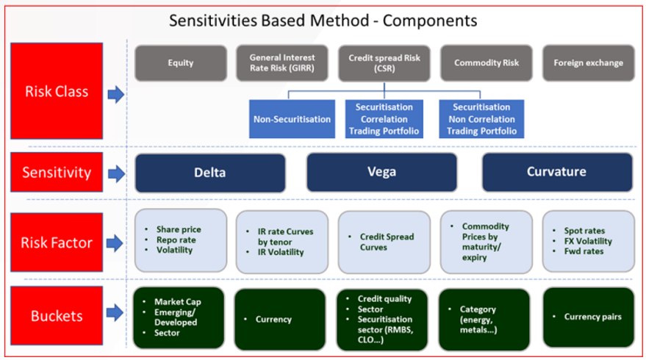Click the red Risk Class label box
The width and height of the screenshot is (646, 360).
(x=56, y=93)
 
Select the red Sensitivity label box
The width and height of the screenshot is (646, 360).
(x=56, y=173)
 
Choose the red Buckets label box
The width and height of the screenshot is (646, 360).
(x=56, y=317)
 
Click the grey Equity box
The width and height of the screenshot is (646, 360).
(x=180, y=62)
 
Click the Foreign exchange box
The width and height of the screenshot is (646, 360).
(x=588, y=62)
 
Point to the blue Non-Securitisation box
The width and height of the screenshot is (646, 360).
(x=292, y=119)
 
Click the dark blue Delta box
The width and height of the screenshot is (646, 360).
(x=209, y=173)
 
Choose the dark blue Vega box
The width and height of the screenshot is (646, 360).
(x=384, y=173)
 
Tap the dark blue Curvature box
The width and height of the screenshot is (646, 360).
(x=558, y=173)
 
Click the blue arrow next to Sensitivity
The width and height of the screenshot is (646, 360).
(x=115, y=174)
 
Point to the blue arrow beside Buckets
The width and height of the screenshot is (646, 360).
(x=115, y=318)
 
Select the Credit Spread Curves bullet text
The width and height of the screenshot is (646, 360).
(x=386, y=242)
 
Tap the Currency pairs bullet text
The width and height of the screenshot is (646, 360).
(x=593, y=317)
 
